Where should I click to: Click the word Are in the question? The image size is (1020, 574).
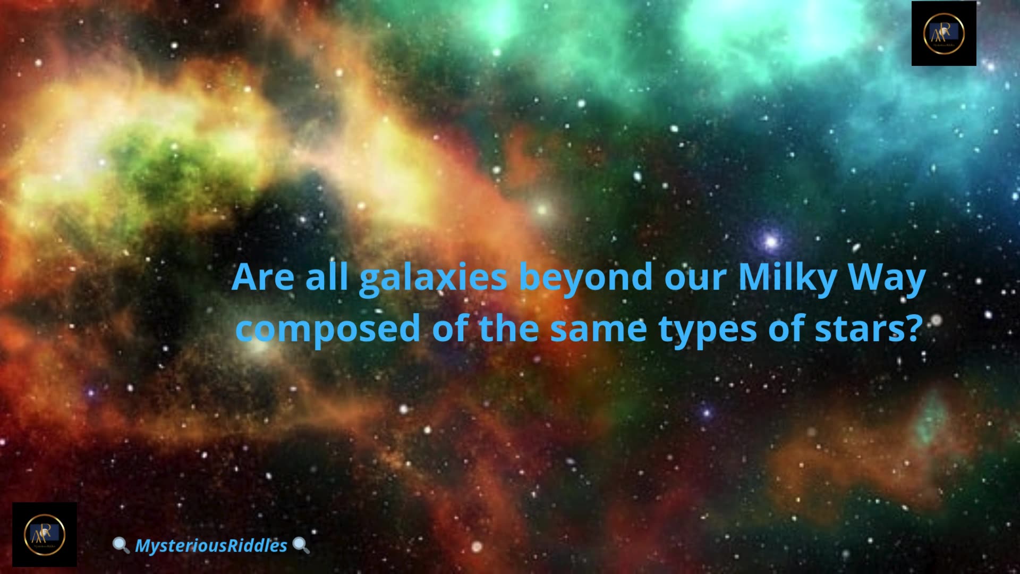point(263,277)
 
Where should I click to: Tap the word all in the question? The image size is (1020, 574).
point(327,277)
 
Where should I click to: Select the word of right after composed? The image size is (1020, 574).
point(449,328)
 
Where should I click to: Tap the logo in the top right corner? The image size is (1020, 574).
point(943,33)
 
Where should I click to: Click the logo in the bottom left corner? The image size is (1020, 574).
point(45,534)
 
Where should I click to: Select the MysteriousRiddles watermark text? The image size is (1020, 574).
point(211,545)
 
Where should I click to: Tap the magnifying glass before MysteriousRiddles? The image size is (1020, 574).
point(121,545)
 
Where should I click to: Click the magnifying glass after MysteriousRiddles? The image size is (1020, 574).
point(301,545)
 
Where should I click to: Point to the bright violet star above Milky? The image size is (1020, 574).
point(771,242)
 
